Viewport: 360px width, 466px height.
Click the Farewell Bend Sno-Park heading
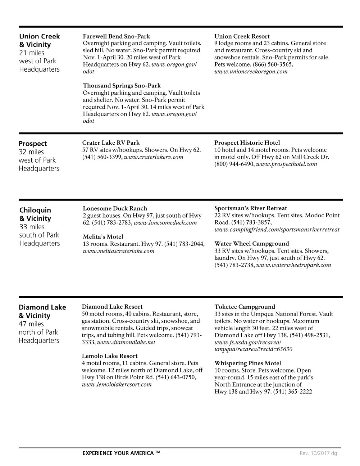coord(116,36)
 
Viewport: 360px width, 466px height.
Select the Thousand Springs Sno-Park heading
coord(122,86)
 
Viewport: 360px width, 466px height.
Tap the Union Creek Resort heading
coord(242,36)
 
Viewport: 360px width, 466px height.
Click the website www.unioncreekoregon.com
coord(251,72)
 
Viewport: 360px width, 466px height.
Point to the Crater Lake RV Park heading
coord(111,142)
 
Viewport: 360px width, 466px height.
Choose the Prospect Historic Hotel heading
coord(247,142)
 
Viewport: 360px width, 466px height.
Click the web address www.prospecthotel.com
coord(286,164)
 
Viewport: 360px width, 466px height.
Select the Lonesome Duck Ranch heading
coord(115,208)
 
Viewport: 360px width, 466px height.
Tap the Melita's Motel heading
coord(103,237)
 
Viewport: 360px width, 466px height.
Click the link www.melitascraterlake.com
coord(118,251)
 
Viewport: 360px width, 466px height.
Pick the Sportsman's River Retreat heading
coord(251,208)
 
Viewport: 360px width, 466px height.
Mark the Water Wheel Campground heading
coord(251,244)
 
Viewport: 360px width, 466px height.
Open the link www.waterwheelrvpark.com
coord(293,265)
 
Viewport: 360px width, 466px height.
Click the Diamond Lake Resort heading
coord(112,307)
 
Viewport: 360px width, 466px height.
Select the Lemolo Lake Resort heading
coord(110,356)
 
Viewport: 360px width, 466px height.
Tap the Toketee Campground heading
coord(245,307)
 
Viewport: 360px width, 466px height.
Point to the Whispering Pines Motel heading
coord(248,363)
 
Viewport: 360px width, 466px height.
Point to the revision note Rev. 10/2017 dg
coord(318,453)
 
